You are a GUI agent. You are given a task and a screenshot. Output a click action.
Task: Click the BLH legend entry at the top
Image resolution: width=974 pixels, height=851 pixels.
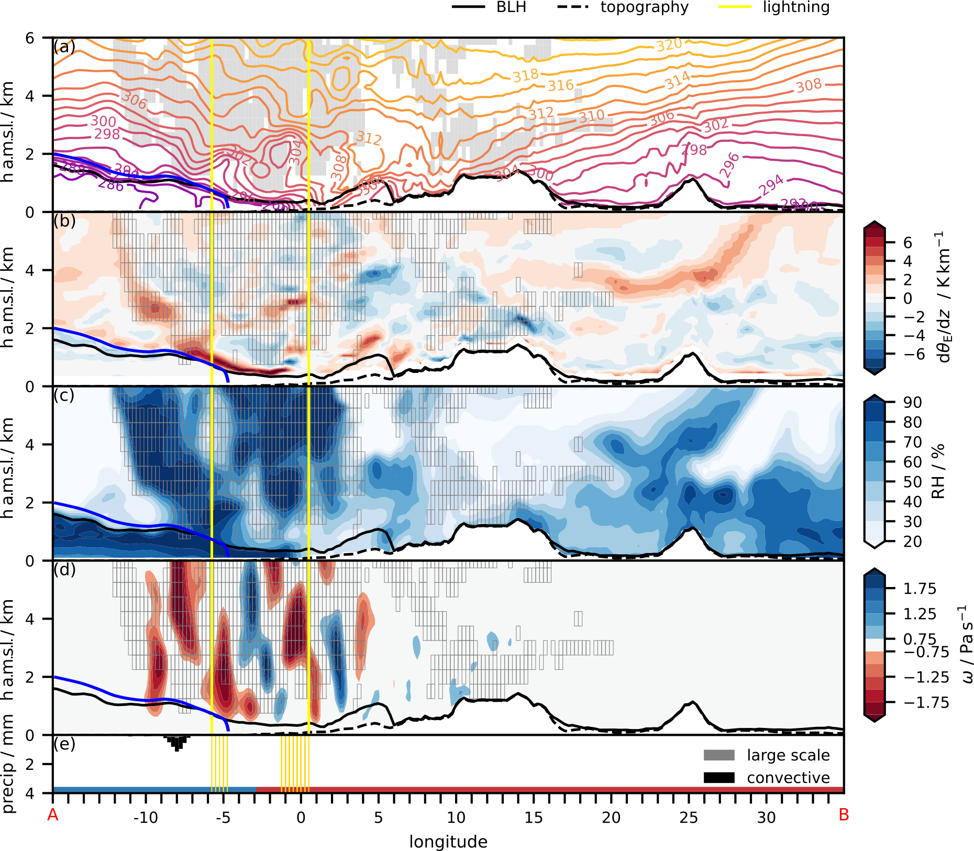489,7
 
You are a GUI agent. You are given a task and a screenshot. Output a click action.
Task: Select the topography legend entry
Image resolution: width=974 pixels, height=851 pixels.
623,7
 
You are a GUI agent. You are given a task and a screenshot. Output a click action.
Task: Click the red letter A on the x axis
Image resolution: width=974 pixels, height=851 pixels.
52,815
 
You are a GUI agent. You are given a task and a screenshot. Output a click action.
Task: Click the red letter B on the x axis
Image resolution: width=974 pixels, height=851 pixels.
844,815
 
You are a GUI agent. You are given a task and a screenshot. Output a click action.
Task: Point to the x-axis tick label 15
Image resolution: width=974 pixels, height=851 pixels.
533,817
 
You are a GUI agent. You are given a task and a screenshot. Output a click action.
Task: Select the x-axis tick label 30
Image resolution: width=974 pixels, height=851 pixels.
766,817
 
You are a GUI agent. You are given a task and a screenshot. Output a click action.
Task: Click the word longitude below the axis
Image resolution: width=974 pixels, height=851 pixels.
448,842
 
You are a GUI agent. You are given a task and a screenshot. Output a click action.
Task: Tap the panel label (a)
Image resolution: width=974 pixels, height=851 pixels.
64,47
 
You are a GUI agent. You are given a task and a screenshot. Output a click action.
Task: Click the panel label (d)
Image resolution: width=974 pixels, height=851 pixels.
64,569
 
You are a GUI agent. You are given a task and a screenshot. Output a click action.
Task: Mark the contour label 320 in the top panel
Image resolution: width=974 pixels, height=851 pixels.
669,46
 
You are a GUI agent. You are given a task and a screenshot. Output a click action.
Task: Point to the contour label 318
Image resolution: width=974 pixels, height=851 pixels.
526,76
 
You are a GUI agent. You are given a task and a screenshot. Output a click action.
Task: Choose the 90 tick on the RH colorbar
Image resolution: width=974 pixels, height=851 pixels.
912,403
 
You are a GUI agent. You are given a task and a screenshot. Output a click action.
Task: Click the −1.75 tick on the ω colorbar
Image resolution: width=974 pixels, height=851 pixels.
926,702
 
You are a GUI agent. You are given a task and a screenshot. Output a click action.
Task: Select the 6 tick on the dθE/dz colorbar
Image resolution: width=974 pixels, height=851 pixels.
907,242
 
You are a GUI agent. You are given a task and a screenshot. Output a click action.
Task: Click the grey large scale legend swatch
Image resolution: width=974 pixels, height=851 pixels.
719,755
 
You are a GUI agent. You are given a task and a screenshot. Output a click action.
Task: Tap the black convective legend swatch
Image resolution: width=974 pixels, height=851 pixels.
719,778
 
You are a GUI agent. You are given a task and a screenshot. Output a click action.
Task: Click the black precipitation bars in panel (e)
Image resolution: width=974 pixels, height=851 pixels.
177,742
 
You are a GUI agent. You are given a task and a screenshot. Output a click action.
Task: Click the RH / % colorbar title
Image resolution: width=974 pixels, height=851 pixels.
938,471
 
